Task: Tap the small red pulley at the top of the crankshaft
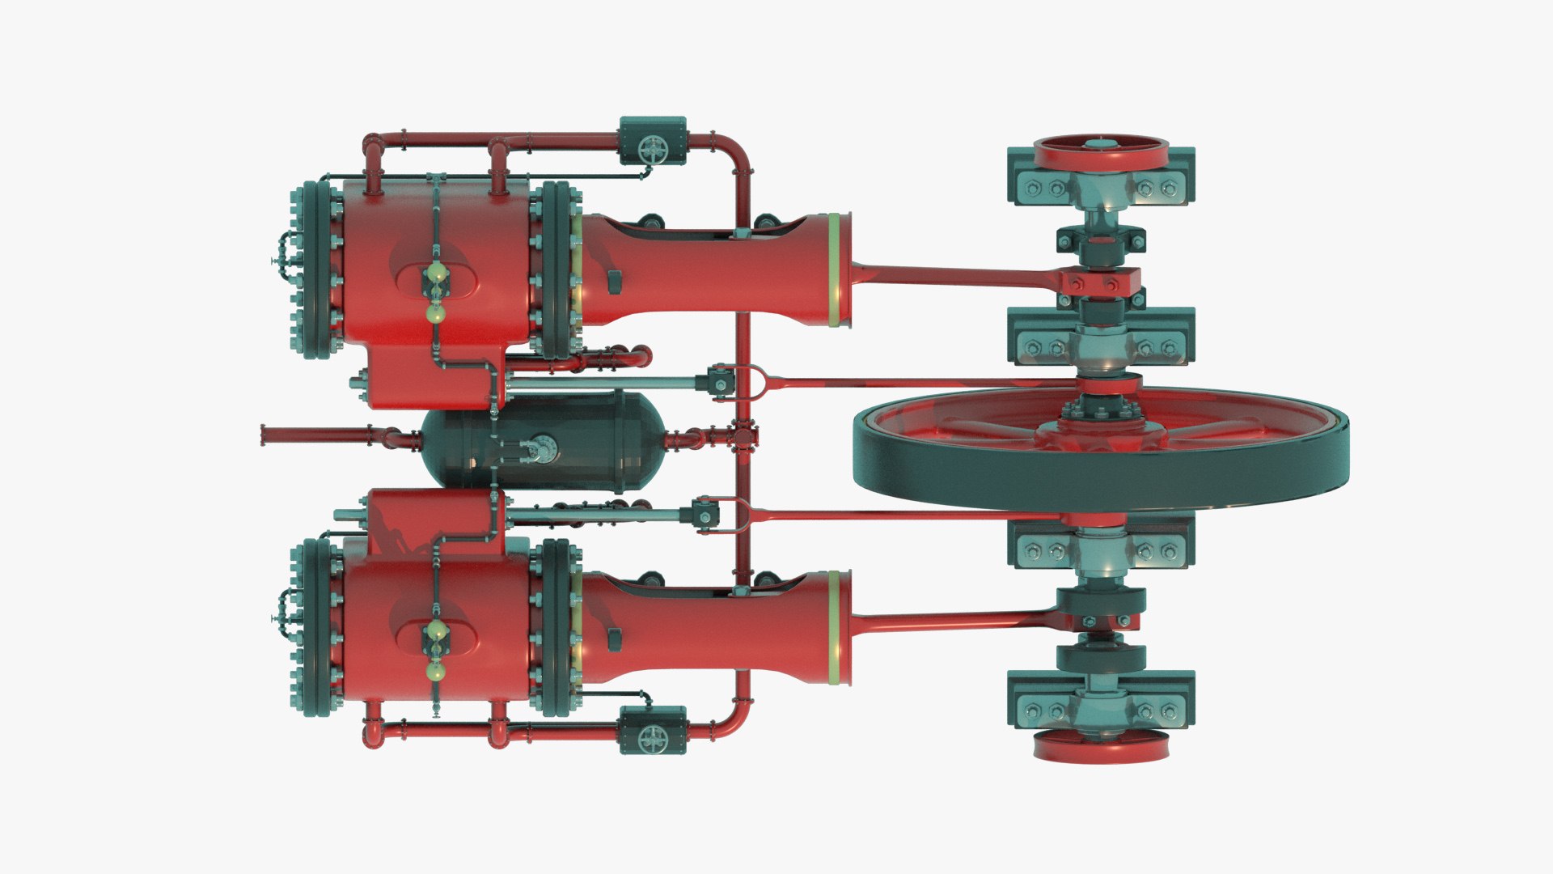(1101, 151)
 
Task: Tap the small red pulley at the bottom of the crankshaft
(1101, 746)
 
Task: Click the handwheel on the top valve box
(651, 149)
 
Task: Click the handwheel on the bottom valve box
(651, 737)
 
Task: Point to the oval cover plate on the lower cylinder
(435, 639)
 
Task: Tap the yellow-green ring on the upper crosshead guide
(833, 269)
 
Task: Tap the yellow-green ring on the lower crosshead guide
(833, 627)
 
